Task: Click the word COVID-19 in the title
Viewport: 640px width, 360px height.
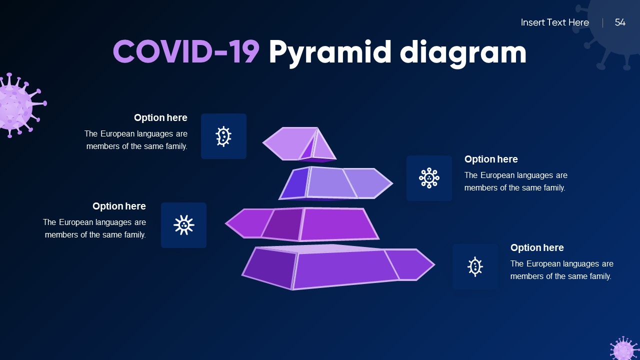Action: pos(186,52)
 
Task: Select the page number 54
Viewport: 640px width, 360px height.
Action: pos(620,22)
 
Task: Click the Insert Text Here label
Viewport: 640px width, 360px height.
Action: pos(554,22)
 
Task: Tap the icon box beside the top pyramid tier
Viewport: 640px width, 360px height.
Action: pos(223,136)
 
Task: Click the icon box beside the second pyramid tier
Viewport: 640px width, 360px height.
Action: pos(429,178)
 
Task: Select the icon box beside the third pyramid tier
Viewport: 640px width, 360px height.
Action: pos(183,225)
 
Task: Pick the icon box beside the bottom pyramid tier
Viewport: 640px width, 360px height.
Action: pos(475,266)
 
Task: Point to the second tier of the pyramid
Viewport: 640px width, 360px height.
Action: pos(335,183)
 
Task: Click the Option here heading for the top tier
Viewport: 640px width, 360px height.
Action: pos(160,118)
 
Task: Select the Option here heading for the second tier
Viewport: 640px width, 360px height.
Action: pos(491,159)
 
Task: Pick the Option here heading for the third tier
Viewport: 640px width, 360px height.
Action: pos(119,206)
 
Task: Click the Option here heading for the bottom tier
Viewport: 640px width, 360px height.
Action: pos(537,248)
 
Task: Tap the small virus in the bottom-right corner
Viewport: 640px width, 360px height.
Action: pos(624,349)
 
